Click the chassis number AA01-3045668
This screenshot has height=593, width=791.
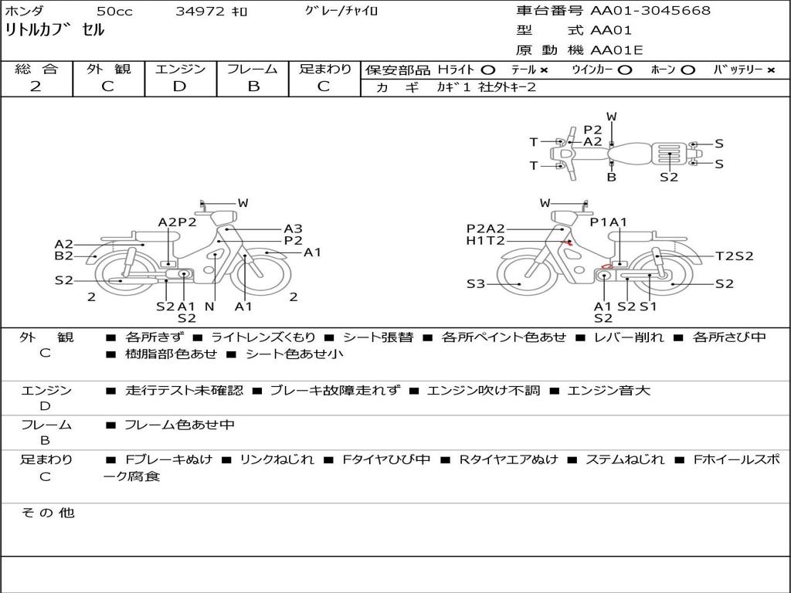tap(650, 10)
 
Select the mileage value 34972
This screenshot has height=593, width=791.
tap(200, 11)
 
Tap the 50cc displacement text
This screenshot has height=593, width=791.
tap(114, 11)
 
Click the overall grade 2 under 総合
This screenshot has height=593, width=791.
tap(36, 86)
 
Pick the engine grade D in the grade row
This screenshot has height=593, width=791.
tap(179, 86)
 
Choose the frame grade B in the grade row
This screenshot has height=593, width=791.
tap(253, 86)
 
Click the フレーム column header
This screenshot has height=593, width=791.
tap(253, 69)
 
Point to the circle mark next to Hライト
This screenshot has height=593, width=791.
tap(487, 70)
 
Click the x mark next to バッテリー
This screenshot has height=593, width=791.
tap(770, 70)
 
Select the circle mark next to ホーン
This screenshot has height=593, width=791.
tap(688, 70)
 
